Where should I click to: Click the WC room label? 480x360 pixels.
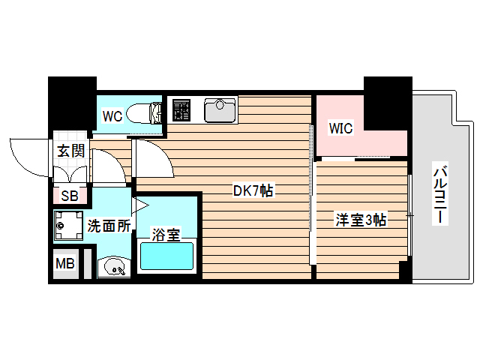(x=112, y=116)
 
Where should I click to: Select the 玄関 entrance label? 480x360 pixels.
(x=71, y=150)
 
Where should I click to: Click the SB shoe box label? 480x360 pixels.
(x=69, y=196)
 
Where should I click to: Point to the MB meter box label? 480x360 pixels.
(x=64, y=263)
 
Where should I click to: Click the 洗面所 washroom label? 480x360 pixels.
(x=109, y=225)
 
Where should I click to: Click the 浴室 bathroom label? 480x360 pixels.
(x=166, y=234)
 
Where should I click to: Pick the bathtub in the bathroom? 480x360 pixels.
(x=167, y=256)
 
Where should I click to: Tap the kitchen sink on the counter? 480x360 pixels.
(x=220, y=111)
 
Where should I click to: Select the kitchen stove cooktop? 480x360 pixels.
(x=181, y=110)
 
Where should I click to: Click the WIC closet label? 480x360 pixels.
(x=340, y=127)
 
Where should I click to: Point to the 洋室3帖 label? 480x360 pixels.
(x=361, y=220)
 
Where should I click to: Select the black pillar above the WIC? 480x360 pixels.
(x=387, y=94)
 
